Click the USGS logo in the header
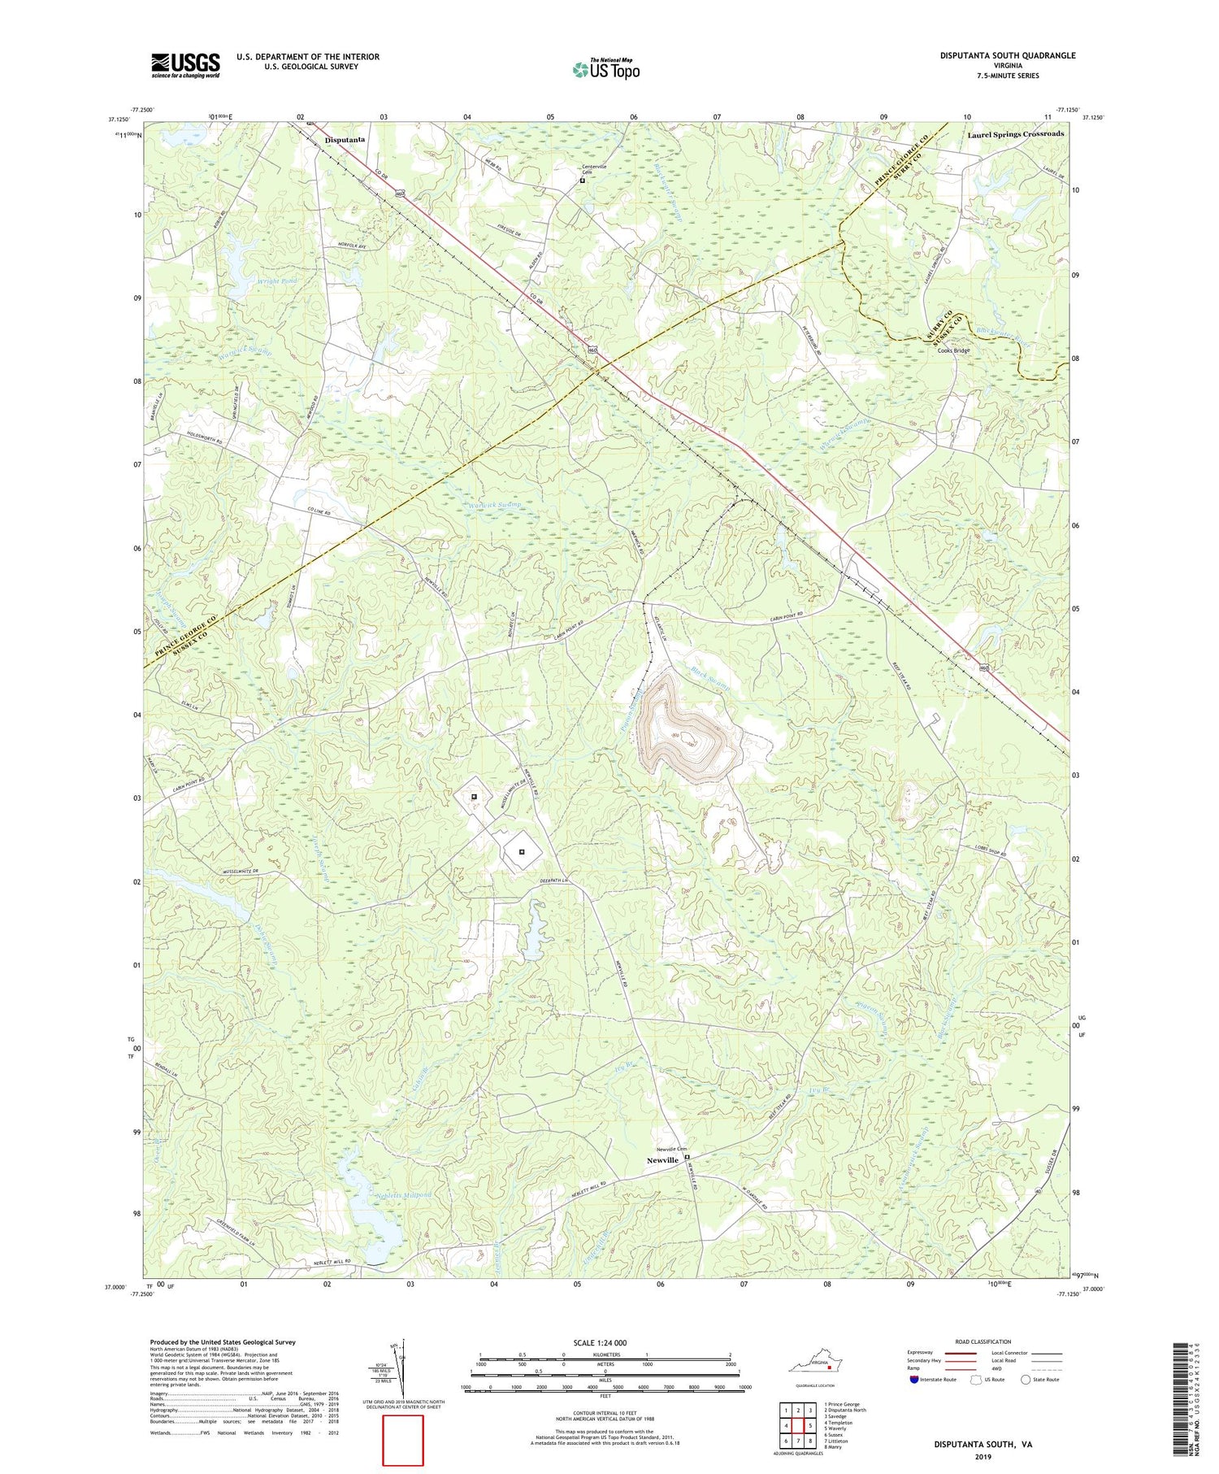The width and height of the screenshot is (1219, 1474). [185, 65]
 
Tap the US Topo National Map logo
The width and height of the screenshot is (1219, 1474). [605, 70]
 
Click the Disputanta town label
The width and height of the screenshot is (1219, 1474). [345, 140]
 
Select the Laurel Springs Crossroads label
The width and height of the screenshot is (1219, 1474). [1015, 133]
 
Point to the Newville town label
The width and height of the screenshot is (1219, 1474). [662, 1160]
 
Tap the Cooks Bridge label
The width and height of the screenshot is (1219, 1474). [953, 350]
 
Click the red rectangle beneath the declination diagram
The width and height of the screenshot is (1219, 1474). [403, 1440]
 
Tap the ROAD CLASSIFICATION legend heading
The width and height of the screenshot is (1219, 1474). [983, 1341]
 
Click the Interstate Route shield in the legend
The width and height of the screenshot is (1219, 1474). [914, 1380]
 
